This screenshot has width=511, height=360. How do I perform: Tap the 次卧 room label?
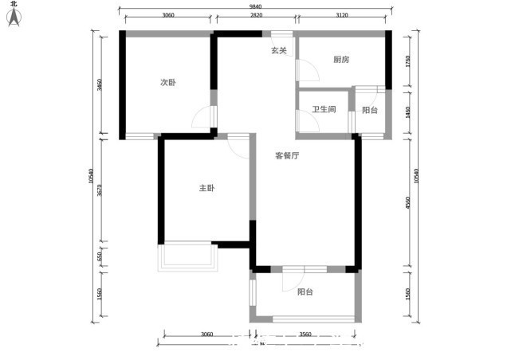(167, 82)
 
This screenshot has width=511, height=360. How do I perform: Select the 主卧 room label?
(206, 188)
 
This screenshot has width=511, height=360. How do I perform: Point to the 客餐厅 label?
(287, 156)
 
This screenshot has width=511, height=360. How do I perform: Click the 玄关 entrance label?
(278, 50)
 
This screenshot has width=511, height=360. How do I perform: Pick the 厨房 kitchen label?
(342, 60)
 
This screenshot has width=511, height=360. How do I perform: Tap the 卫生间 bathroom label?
(324, 110)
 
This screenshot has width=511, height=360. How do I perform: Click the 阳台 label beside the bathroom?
(370, 110)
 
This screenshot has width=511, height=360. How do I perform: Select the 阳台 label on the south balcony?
(305, 292)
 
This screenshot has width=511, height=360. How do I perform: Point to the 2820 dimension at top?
(256, 16)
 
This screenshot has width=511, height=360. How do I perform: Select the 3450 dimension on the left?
(100, 85)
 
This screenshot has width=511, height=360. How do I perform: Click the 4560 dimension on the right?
(408, 202)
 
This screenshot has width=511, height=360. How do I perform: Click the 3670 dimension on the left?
(100, 190)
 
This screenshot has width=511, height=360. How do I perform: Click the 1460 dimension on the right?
(408, 112)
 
